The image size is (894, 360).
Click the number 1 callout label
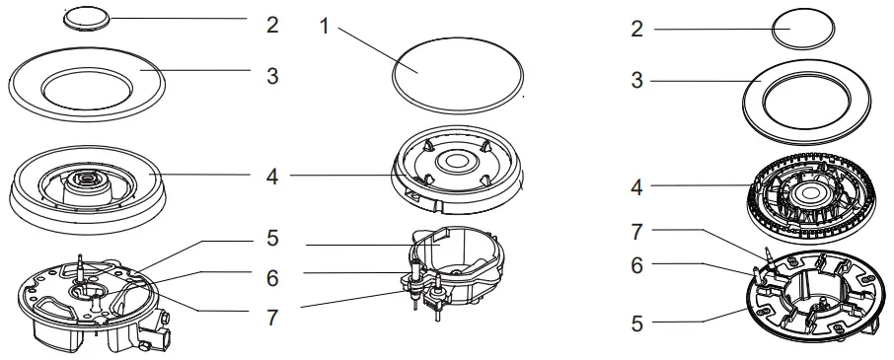[325, 26]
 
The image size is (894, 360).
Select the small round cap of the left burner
[87, 19]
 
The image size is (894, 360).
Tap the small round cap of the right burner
[803, 29]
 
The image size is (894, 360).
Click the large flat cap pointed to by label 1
[458, 74]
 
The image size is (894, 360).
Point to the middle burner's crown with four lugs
[457, 170]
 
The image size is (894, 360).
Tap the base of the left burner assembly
[91, 302]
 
